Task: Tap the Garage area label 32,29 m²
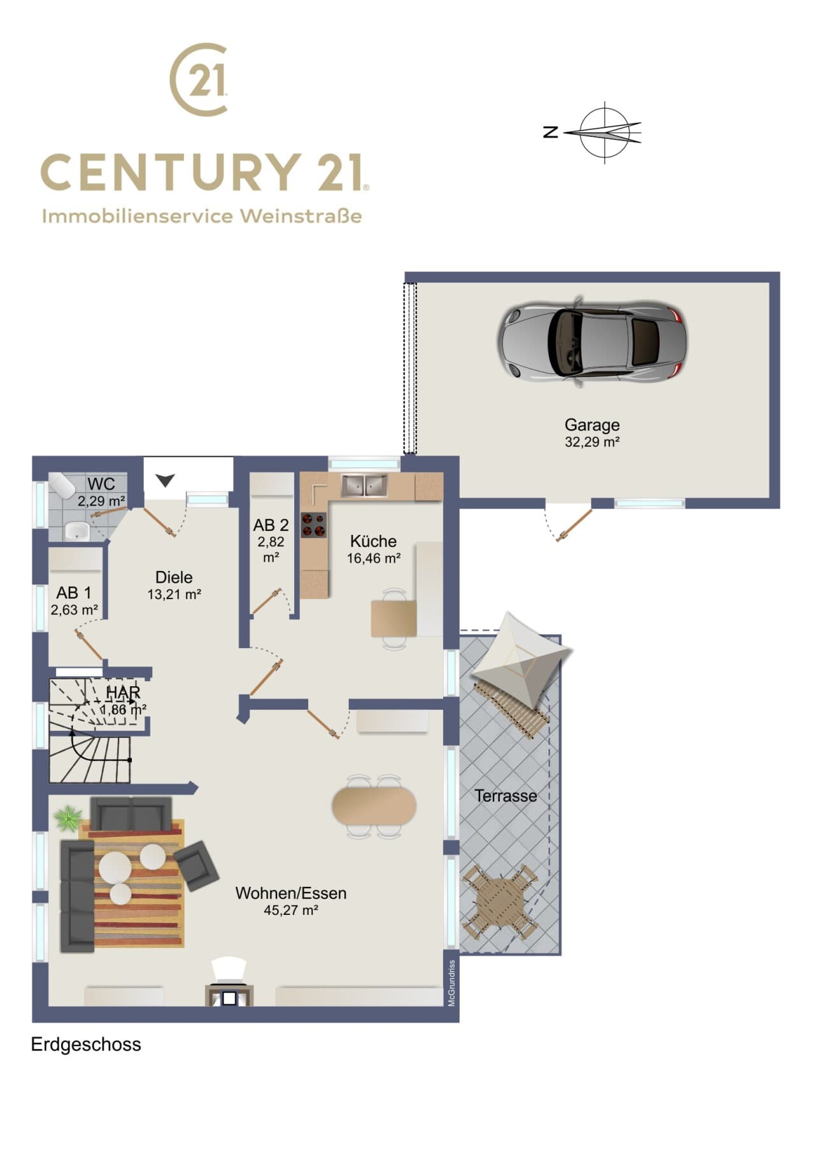click(x=592, y=442)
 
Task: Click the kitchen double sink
click(x=364, y=486)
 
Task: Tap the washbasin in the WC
click(x=77, y=530)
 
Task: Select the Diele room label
click(x=174, y=577)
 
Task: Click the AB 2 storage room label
click(x=271, y=525)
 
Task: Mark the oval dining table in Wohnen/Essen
click(x=374, y=807)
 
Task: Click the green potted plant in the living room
click(x=68, y=817)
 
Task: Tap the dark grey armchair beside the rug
click(x=197, y=865)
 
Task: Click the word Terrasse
click(x=506, y=796)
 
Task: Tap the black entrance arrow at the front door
click(x=166, y=481)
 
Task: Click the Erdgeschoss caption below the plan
click(x=86, y=1045)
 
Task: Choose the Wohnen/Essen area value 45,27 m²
click(x=291, y=910)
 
